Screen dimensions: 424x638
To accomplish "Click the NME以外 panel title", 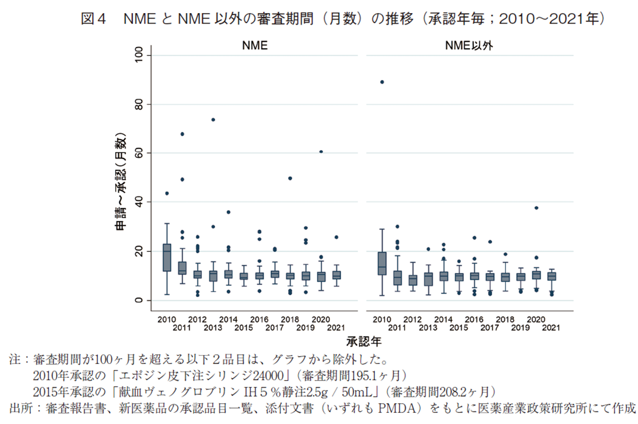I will tap(469, 45).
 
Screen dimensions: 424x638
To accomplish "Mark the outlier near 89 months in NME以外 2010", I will tap(382, 82).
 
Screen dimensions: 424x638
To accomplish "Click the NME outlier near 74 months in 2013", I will tap(213, 119).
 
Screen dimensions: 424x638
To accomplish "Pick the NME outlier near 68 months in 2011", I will tap(182, 134).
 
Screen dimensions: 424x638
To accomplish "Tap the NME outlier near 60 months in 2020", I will tap(321, 152).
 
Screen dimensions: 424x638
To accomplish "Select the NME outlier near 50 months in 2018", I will tap(290, 178).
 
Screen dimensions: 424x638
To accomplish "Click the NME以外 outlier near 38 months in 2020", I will tap(536, 208).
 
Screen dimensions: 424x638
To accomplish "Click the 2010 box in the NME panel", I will tap(167, 257).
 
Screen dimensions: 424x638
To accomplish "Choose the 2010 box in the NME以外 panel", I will tap(382, 263).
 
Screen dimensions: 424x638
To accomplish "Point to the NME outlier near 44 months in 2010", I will tap(167, 193).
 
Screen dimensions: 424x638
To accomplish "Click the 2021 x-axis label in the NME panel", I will tap(336, 327).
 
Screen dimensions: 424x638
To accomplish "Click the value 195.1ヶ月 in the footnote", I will tap(381, 375).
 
